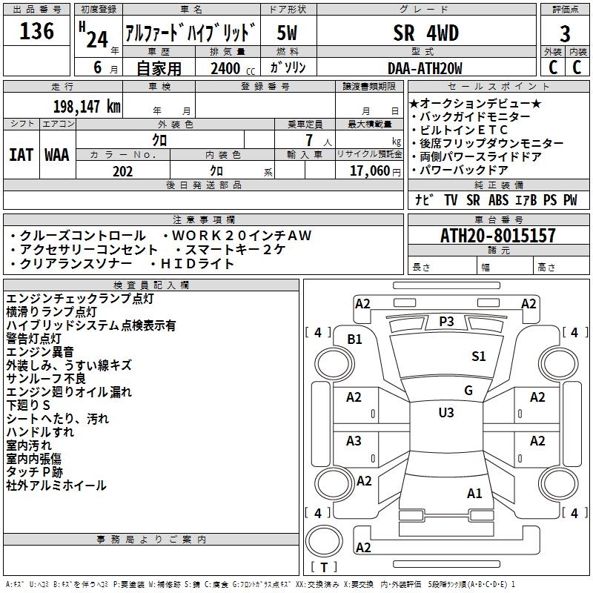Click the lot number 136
pos(36,31)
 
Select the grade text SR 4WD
pos(425,33)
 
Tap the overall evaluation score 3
pos(565,34)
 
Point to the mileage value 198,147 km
pos(87,107)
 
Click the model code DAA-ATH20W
pos(425,68)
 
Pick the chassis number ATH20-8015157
pos(498,236)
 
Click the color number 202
pos(122,171)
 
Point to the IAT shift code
pos(21,155)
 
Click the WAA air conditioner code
pos(57,155)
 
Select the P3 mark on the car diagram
pos(446,322)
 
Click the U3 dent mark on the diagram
pos(446,412)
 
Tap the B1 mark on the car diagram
pos(354,339)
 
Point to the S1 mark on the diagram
pos(478,356)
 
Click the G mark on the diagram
pos(468,391)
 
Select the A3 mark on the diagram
pos(354,440)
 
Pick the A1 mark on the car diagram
pos(474,493)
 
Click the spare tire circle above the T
pos(324,541)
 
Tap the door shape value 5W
pos(287,33)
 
